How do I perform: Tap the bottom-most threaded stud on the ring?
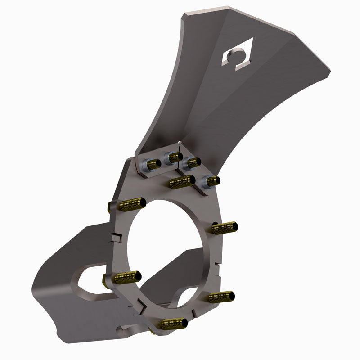point(173,323)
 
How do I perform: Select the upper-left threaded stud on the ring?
point(130,205)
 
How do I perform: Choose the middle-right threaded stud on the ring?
point(224,227)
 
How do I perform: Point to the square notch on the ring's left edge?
point(116,237)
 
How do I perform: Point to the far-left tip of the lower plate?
point(34,288)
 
